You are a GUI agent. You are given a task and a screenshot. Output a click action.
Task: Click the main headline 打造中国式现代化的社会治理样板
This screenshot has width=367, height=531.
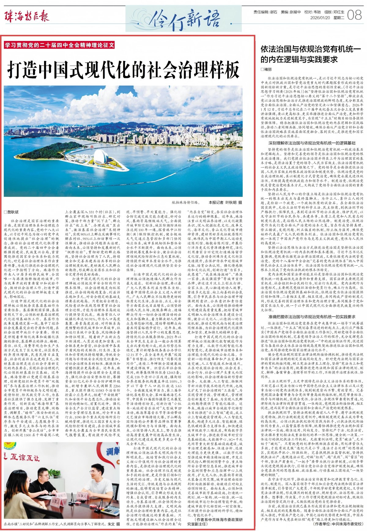pyautogui.click(x=123, y=70)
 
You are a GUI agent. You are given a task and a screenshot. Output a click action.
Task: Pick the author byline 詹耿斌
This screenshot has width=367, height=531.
pyautogui.click(x=12, y=212)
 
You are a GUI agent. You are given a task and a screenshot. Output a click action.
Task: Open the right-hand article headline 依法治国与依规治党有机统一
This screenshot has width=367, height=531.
pyautogui.click(x=310, y=54)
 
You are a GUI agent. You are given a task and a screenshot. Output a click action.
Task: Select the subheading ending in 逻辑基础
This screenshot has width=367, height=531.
pyautogui.click(x=312, y=143)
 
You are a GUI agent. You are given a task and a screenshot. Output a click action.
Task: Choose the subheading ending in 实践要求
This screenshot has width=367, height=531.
pyautogui.click(x=312, y=316)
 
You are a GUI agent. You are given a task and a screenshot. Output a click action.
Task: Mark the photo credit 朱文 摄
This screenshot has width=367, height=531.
pyautogui.click(x=114, y=524)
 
